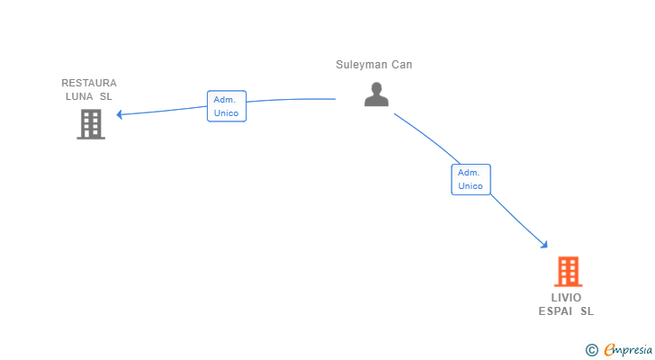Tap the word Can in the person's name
tap(402, 65)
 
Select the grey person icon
tap(376, 94)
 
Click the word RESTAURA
tap(89, 83)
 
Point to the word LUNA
tap(79, 96)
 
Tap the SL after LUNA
tap(105, 96)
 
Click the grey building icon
tap(91, 124)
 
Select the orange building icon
tap(568, 272)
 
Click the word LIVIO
tap(566, 298)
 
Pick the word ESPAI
tap(555, 311)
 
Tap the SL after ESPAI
tap(587, 311)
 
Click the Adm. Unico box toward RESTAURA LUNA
tap(227, 106)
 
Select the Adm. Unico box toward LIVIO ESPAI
tap(471, 180)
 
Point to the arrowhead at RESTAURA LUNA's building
tap(119, 114)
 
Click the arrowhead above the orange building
tap(544, 245)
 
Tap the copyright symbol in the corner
tap(591, 350)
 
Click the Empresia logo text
tap(628, 350)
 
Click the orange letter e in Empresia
tap(610, 350)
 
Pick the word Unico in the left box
tap(226, 113)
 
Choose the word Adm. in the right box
tap(468, 173)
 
